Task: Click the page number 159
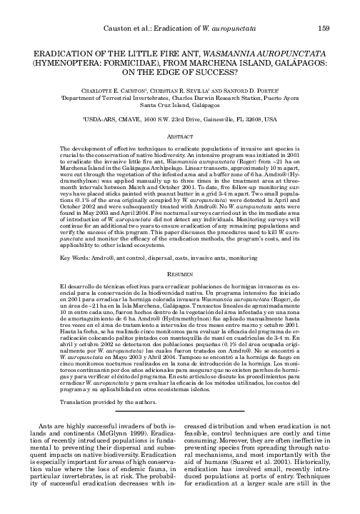322,28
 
